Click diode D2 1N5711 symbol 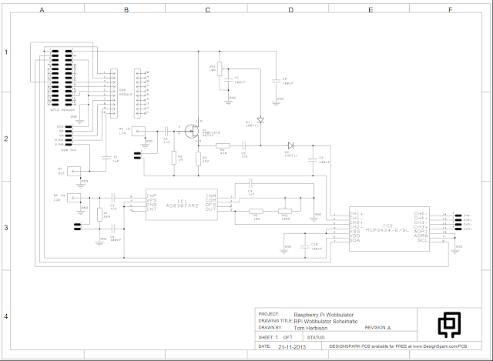pos(290,145)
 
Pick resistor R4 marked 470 pos(223,145)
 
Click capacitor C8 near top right pos(275,79)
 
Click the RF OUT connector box pos(75,171)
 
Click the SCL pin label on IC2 pos(422,241)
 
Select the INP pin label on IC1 pos(153,196)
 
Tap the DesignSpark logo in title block pos(449,326)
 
